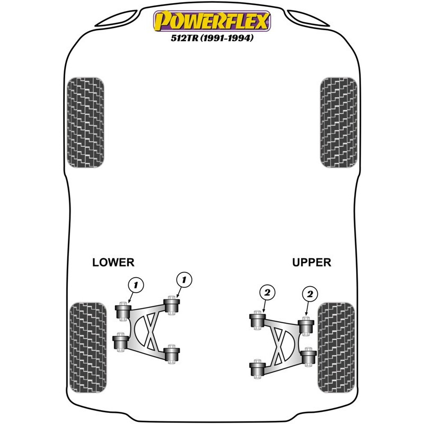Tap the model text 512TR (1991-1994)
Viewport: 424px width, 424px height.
(x=211, y=38)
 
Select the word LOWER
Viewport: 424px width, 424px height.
(x=113, y=262)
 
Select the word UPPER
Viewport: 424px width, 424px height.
(x=311, y=262)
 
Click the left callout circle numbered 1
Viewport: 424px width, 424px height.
(x=136, y=286)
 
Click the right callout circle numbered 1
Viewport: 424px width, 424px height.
(x=184, y=279)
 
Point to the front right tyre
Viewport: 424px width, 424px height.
(x=339, y=122)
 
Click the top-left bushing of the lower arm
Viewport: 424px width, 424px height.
(x=123, y=311)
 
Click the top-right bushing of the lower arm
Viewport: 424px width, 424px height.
(x=172, y=305)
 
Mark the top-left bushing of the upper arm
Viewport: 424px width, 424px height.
(x=258, y=320)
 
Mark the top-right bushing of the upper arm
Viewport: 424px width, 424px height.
(x=305, y=325)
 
